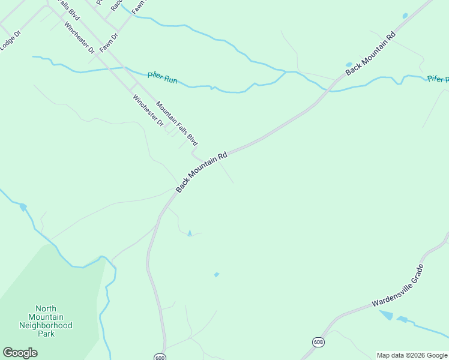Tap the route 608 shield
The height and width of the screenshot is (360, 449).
click(x=318, y=341)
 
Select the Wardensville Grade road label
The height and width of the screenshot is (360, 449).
click(x=398, y=286)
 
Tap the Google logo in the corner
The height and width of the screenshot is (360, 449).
click(x=20, y=353)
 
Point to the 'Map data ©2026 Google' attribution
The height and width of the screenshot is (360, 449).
click(x=411, y=355)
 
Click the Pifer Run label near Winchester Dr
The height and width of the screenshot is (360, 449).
click(x=162, y=77)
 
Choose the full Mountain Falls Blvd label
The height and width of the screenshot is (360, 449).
click(x=176, y=123)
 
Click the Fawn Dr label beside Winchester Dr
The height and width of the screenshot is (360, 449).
click(x=109, y=43)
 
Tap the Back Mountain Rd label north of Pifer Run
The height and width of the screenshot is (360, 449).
click(x=371, y=53)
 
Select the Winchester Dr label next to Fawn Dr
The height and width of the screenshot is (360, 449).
click(x=79, y=38)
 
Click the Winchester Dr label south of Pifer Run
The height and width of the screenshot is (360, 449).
click(x=148, y=111)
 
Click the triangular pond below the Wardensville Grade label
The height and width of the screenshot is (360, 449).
click(x=386, y=315)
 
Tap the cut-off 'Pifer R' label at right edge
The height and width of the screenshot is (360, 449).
click(x=438, y=79)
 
